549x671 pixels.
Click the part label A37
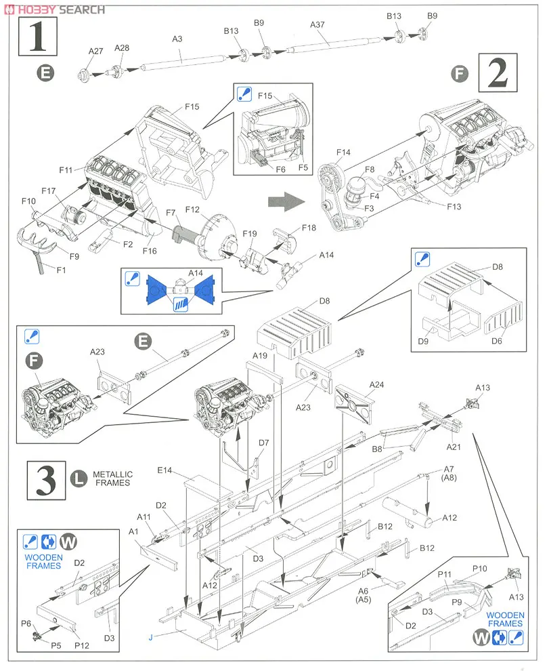coord(318,25)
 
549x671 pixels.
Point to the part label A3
coord(177,39)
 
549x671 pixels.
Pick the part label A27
coord(95,51)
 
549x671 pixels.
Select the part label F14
coord(344,153)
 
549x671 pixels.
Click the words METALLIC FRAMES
coord(113,479)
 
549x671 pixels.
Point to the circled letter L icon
coord(79,479)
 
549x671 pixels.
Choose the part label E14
coord(165,470)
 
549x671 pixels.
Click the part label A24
coord(377,384)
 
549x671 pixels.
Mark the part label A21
coord(454,447)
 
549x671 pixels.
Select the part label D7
coord(264,443)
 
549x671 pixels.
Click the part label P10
coord(479,569)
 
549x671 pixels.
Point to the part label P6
coord(26,623)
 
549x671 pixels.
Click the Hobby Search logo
coord(54,9)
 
